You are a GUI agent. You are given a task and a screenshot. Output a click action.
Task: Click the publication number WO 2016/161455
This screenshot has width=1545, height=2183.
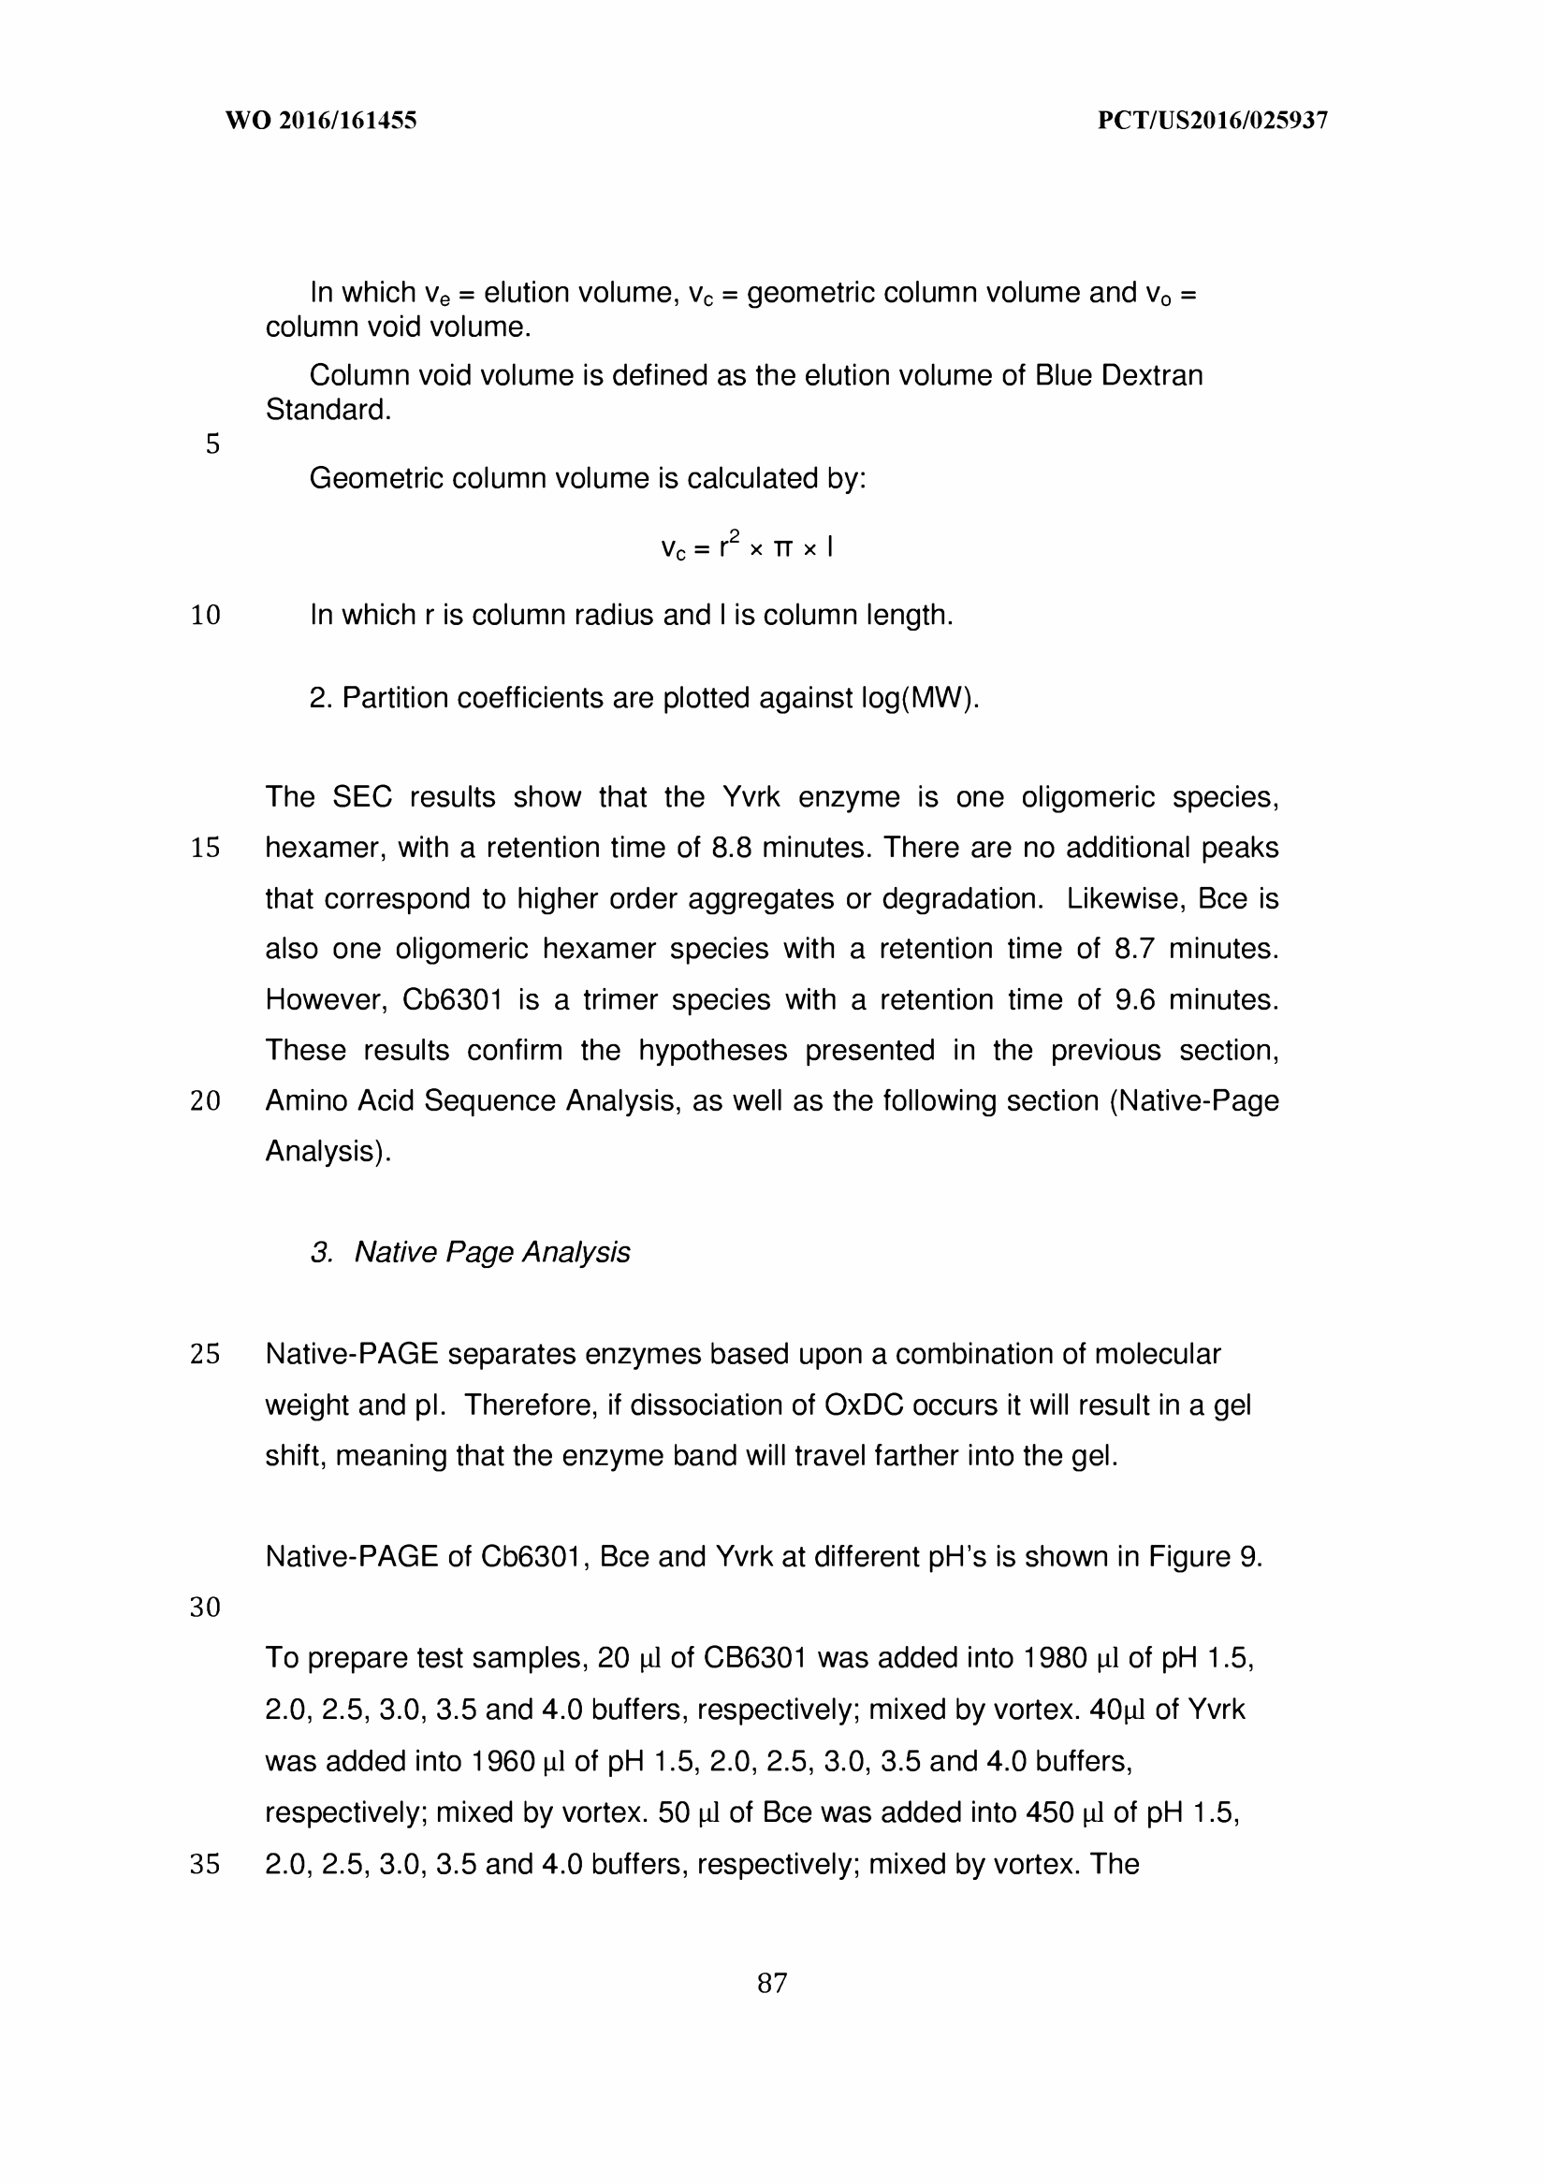[x=321, y=121]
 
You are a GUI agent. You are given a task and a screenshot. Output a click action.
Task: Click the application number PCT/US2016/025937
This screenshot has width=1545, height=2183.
[x=1212, y=121]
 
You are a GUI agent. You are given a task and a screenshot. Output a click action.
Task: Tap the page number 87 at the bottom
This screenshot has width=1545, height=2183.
[x=771, y=1984]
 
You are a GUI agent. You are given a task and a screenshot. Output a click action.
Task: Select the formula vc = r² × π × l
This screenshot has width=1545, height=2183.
[x=747, y=547]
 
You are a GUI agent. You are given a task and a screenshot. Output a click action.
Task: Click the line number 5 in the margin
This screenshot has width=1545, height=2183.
[x=212, y=444]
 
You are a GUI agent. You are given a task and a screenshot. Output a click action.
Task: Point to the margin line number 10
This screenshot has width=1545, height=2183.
[x=206, y=616]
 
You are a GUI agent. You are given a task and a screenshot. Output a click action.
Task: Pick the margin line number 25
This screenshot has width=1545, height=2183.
[x=206, y=1355]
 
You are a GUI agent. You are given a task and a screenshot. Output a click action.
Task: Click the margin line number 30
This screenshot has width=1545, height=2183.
[x=206, y=1608]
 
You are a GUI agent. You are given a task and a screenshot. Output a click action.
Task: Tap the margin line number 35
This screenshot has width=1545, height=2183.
[x=206, y=1864]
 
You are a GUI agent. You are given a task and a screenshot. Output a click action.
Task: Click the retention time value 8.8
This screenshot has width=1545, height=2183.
[x=733, y=848]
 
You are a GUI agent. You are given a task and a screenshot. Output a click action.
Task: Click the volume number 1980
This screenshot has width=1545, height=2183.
[x=1055, y=1659]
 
